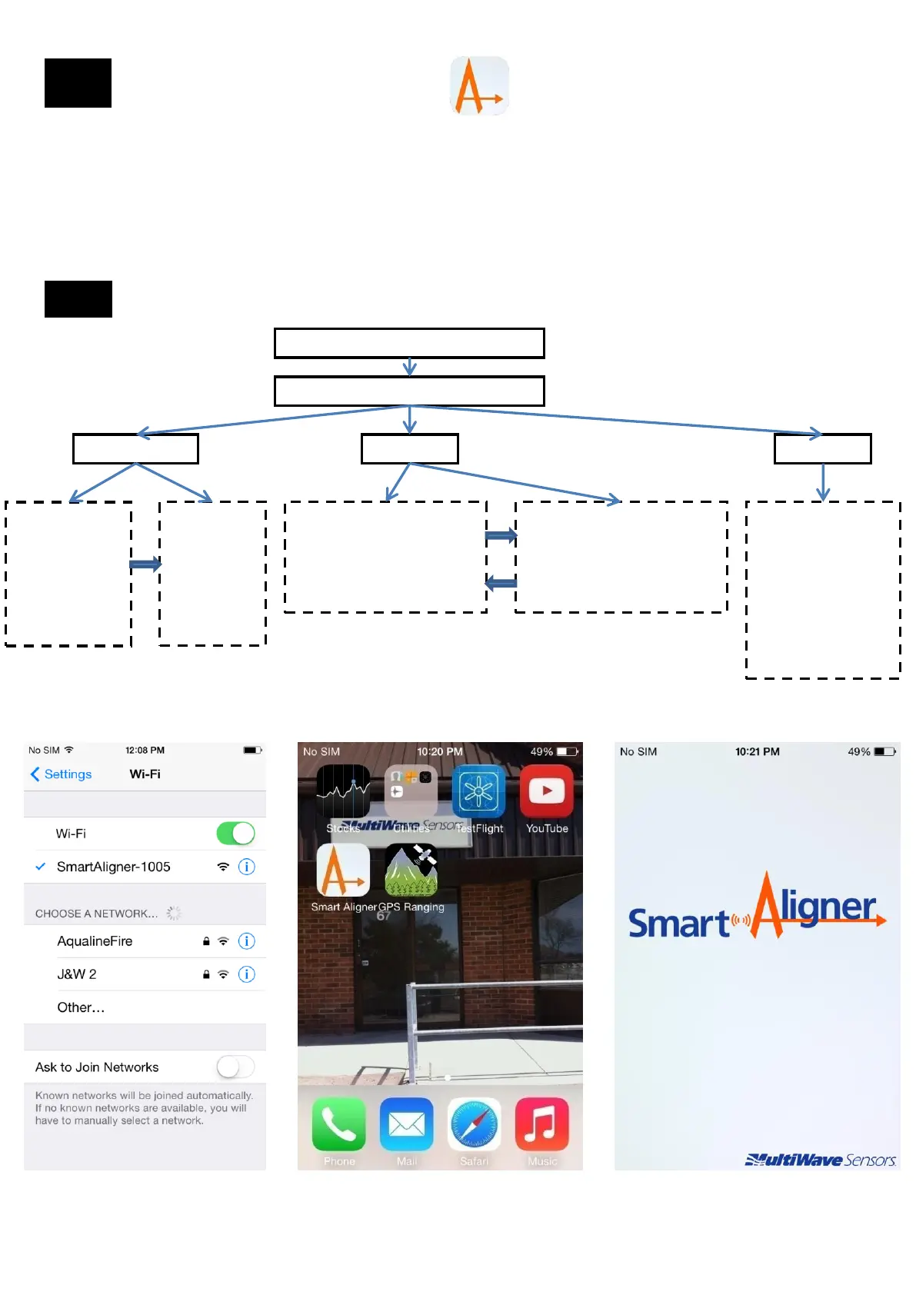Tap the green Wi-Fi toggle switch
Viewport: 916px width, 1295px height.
235,834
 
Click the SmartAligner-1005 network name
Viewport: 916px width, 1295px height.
114,867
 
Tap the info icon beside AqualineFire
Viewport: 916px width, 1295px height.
247,941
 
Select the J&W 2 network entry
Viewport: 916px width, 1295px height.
77,974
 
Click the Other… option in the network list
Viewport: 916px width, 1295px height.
81,1007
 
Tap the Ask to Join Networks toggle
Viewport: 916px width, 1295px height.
235,1067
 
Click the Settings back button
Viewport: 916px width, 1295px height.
62,774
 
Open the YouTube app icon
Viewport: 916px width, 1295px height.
547,792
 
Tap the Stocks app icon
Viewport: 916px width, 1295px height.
343,792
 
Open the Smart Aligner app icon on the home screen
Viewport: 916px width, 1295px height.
343,871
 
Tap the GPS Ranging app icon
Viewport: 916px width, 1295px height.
411,871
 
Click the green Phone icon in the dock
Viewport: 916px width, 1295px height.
339,1124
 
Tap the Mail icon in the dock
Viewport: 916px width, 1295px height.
407,1124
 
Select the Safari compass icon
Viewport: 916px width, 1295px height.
475,1124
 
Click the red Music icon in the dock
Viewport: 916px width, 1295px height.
542,1124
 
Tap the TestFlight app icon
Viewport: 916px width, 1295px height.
478,792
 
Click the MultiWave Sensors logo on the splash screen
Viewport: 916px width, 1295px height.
820,1160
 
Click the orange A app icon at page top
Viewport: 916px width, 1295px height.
479,85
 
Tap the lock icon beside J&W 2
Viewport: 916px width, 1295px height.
206,974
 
